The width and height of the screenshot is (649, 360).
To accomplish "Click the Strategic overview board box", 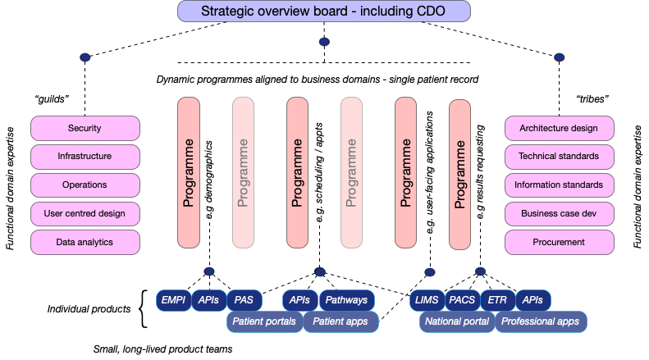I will [x=324, y=11].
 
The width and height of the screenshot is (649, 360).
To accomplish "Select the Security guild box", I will [x=85, y=129].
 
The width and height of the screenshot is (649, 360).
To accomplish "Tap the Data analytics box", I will [x=85, y=242].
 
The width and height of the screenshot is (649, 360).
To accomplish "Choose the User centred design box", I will [x=85, y=214].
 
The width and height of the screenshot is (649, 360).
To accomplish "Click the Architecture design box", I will [x=558, y=129].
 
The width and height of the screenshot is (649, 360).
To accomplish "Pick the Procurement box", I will [x=558, y=242].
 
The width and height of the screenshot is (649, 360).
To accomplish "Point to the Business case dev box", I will [x=558, y=214].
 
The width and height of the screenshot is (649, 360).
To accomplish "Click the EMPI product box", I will [x=173, y=300].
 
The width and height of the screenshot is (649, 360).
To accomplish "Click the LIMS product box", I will [x=427, y=300].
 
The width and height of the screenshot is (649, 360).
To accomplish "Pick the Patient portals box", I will [x=264, y=321].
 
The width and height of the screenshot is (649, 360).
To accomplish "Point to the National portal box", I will [x=457, y=321].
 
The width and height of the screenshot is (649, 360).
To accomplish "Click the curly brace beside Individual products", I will [x=144, y=309].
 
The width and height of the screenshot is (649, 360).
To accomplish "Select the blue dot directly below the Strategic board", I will [x=324, y=41].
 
